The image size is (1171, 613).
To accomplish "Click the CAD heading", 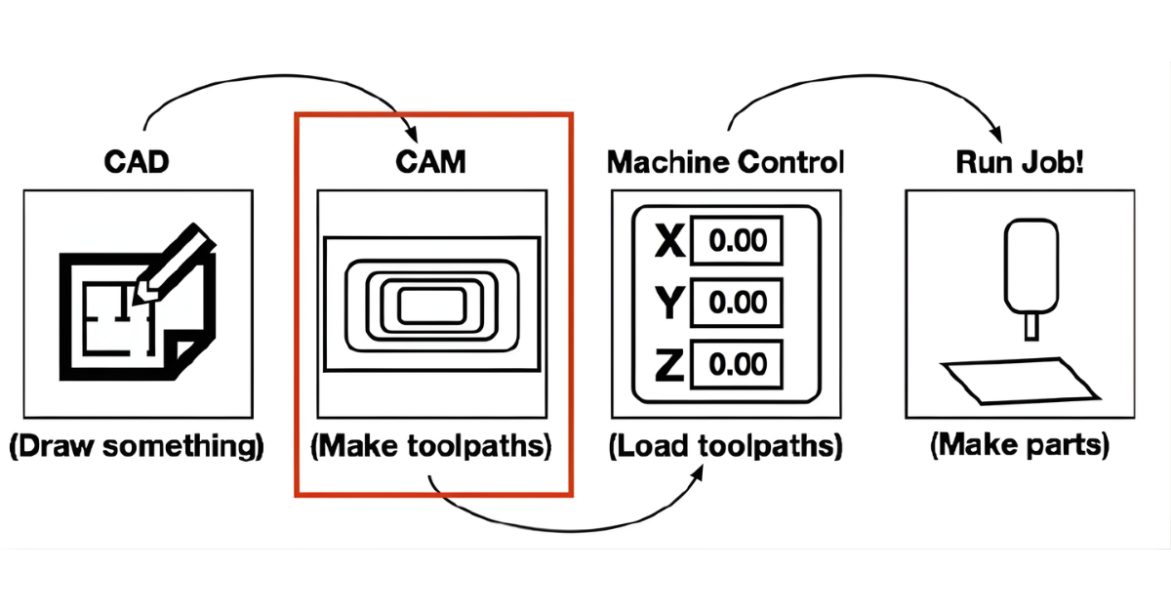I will [x=138, y=162].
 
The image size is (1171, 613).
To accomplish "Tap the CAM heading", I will [x=431, y=162].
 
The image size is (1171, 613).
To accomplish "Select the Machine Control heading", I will [x=725, y=162].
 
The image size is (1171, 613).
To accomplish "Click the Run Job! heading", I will [x=1019, y=162].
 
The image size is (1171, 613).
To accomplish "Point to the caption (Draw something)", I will [x=137, y=447].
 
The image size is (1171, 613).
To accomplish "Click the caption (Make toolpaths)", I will [x=431, y=447].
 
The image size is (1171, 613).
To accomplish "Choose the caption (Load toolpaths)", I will [x=725, y=447].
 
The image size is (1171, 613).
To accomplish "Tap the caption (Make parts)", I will [x=1020, y=447].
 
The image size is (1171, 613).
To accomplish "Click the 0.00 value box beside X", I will [x=738, y=240].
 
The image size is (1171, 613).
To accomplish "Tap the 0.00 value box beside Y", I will [x=738, y=303].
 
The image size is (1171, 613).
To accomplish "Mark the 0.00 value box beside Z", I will [x=738, y=365].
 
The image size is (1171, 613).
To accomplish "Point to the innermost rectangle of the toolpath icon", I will [x=431, y=303].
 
